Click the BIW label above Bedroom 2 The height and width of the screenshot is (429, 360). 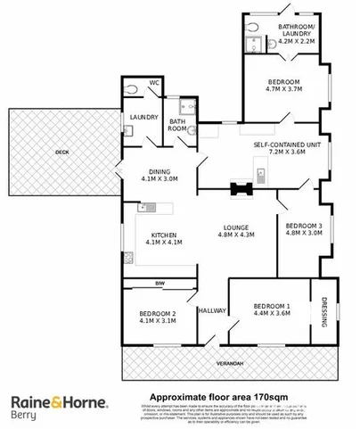[x=161, y=285]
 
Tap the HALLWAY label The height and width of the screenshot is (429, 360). [x=212, y=310]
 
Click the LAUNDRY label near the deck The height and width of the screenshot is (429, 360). [x=143, y=117]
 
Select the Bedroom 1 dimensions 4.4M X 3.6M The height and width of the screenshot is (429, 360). [x=272, y=312]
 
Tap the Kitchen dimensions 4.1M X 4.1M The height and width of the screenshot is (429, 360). [x=160, y=242]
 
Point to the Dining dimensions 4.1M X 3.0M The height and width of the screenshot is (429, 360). [x=160, y=178]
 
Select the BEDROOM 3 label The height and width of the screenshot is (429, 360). [x=302, y=227]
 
